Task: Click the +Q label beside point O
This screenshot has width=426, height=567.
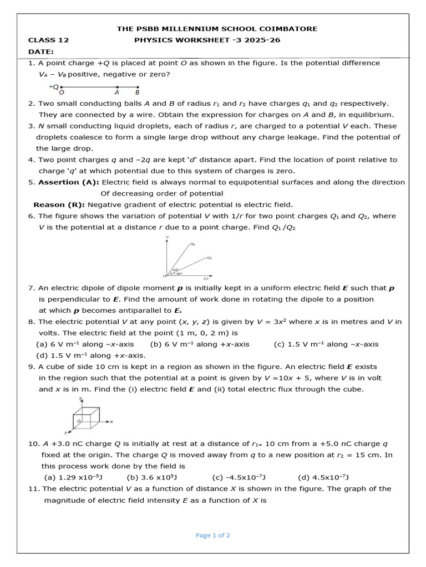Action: click(54, 87)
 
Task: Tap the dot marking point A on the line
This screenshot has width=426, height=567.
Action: click(117, 87)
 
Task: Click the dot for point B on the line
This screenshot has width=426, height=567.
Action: click(138, 87)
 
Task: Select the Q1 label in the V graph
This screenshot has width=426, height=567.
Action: click(192, 244)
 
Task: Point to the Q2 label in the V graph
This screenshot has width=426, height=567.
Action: click(209, 258)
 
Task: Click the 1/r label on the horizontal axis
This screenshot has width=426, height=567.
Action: click(206, 278)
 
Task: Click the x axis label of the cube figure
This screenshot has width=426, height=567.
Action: click(111, 422)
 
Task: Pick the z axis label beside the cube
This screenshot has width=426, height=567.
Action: click(65, 432)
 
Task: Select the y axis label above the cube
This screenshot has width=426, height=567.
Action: click(80, 398)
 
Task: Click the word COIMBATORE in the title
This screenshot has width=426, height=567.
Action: click(292, 29)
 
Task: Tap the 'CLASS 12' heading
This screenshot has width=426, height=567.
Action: click(48, 40)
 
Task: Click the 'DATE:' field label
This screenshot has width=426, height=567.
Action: click(41, 51)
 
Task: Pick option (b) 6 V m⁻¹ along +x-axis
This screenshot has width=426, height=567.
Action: click(200, 344)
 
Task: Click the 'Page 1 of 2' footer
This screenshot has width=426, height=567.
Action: click(212, 535)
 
